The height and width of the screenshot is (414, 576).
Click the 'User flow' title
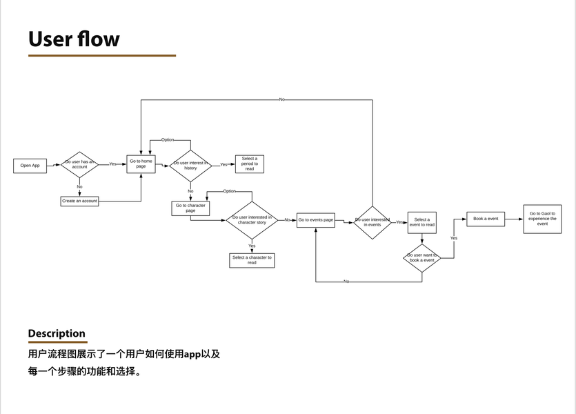pos(74,39)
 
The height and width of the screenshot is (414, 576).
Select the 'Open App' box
pos(30,166)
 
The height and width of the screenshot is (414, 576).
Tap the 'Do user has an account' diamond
pos(80,165)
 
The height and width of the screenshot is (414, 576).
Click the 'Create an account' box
pos(80,201)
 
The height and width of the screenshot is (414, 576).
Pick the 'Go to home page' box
pos(141,164)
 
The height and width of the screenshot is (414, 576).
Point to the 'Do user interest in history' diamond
pos(190,166)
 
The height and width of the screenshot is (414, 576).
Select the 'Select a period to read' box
pos(249,164)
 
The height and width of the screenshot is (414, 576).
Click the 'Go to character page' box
pos(190,208)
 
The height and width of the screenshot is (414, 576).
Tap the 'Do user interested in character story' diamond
pos(252,220)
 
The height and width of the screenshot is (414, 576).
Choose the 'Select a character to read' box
pos(252,260)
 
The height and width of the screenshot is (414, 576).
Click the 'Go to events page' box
pos(316,220)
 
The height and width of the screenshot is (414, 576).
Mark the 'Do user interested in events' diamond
pos(373,222)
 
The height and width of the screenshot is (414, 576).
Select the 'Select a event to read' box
pos(421,222)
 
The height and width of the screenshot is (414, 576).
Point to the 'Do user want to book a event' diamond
pos(421,258)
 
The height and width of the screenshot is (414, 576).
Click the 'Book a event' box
pos(486,219)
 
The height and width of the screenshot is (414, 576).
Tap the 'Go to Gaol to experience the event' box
pos(542,219)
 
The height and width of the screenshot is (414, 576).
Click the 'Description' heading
pos(57,333)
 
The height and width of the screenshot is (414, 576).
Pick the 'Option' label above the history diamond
pos(168,140)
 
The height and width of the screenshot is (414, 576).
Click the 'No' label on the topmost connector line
pos(281,99)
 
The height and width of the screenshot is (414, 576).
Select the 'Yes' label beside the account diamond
pos(113,164)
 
